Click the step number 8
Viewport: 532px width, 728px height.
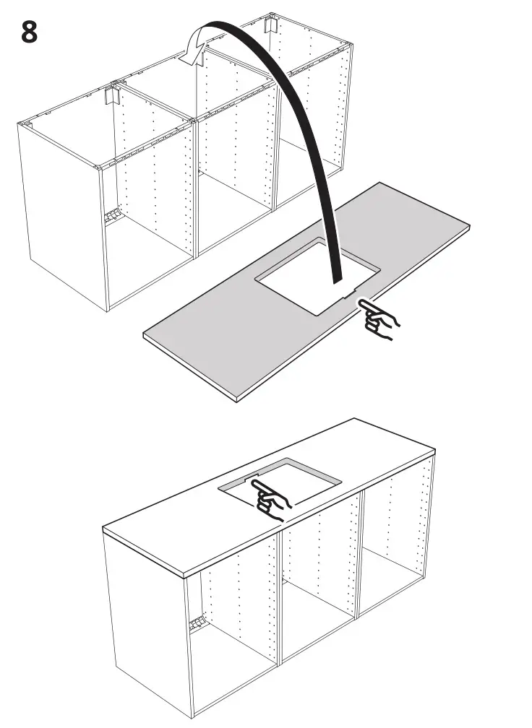(30, 32)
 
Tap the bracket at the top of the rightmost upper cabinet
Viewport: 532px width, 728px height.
(270, 25)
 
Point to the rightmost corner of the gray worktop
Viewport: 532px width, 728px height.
(469, 227)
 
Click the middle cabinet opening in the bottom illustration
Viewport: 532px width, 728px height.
(318, 578)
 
